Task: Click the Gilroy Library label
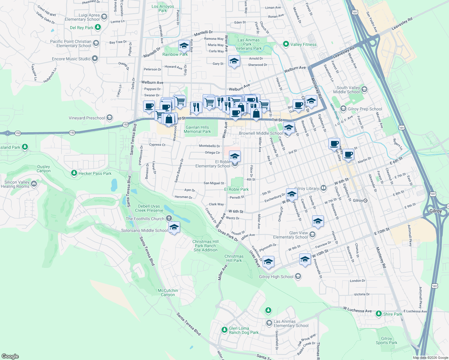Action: click(306, 188)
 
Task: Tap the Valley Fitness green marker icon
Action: click(286, 44)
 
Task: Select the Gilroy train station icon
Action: click(365, 200)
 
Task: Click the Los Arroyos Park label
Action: click(163, 8)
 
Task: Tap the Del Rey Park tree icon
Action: click(98, 27)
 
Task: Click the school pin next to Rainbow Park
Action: click(184, 46)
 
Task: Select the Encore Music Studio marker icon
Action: click(95, 58)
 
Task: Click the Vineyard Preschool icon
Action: click(110, 118)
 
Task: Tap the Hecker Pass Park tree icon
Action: click(74, 173)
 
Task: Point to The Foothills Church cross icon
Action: click(169, 218)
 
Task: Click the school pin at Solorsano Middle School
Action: click(174, 227)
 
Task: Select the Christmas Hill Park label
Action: click(234, 258)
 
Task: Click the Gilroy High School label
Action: click(276, 277)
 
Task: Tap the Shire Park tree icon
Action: click(379, 314)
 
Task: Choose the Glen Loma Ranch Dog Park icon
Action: click(224, 330)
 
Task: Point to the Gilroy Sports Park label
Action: click(386, 340)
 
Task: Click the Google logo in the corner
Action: click(10, 356)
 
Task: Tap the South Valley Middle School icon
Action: click(364, 89)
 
